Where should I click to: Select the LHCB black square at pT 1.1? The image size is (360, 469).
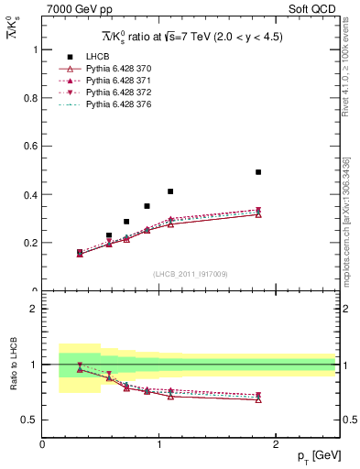pyautogui.click(x=170, y=191)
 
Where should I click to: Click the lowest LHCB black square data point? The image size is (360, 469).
pyautogui.click(x=80, y=252)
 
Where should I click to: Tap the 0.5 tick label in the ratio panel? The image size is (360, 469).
pyautogui.click(x=29, y=420)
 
